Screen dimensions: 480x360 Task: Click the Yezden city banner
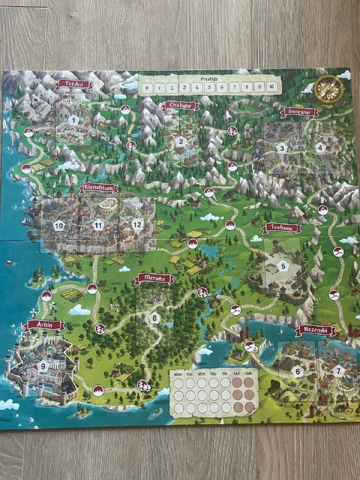pos(74,85)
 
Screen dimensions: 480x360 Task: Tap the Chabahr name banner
pos(179,106)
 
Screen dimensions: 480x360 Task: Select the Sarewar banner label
pos(299,112)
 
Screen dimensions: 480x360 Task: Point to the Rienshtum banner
pos(100,188)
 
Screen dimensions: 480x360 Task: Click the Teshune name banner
pos(281,228)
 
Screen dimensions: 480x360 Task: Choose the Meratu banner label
pos(154,278)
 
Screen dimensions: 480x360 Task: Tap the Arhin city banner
pos(45,325)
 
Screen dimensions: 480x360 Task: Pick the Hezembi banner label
pos(316,331)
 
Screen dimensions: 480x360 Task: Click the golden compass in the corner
pos(329,89)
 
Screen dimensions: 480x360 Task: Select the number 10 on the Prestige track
pos(272,88)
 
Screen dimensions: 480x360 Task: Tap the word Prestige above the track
pos(209,78)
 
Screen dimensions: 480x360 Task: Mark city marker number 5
pos(283,265)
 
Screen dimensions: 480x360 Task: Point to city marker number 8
pos(155,318)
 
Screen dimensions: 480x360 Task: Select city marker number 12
pos(137,224)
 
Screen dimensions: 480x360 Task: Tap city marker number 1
pos(73,120)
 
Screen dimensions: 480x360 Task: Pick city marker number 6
pos(296,371)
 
